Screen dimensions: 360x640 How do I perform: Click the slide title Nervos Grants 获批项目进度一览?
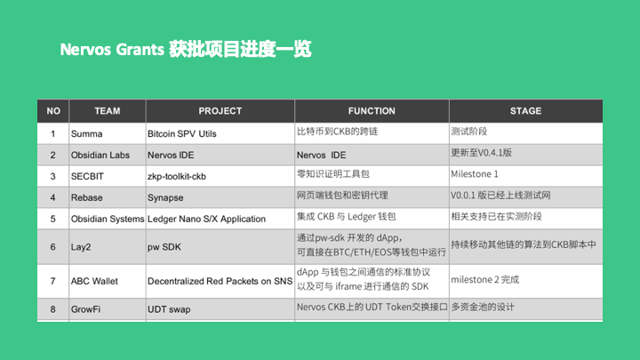tap(186, 49)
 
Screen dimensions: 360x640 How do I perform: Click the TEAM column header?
tap(107, 111)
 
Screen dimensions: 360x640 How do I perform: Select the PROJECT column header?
tap(220, 111)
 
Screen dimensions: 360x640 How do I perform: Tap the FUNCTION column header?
tap(372, 111)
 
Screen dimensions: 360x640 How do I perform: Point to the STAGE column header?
tap(525, 111)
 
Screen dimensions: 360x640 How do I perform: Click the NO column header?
tap(53, 111)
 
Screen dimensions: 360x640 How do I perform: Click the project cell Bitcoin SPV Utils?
tap(181, 133)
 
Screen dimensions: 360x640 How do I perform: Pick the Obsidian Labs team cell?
tap(100, 155)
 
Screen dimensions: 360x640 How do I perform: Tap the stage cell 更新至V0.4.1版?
tap(482, 154)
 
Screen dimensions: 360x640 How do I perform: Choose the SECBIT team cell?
tap(88, 176)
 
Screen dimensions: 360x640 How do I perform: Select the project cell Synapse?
tap(165, 197)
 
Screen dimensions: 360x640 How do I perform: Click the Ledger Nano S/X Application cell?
tap(206, 219)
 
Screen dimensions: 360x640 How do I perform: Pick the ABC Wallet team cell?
tap(94, 281)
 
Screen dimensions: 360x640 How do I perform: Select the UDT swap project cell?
tap(170, 309)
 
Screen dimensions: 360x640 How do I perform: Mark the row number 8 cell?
tap(53, 309)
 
